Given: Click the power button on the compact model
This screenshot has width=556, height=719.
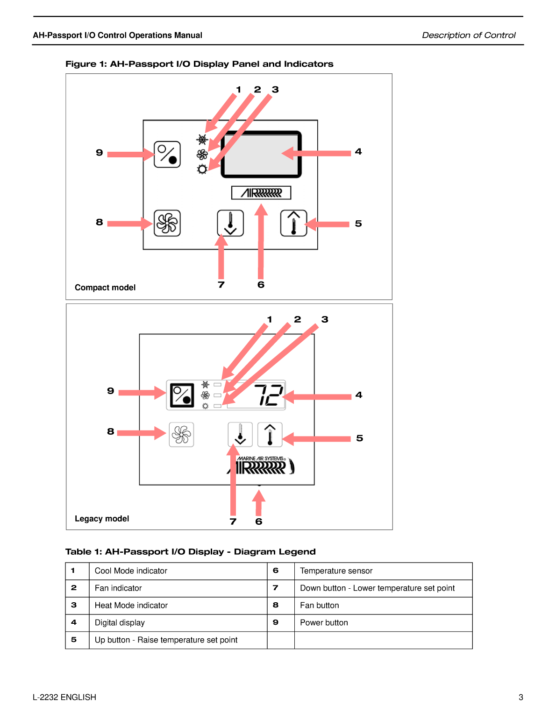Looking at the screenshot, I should (x=167, y=154).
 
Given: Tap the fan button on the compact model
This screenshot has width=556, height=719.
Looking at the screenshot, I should (x=167, y=223).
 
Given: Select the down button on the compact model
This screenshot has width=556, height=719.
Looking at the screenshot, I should (x=230, y=223).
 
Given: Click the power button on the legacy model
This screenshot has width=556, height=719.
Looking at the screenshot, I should (x=182, y=395).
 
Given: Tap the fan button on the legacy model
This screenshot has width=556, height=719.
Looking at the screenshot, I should (x=181, y=435).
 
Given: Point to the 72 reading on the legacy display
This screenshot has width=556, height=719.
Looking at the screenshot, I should (x=268, y=395).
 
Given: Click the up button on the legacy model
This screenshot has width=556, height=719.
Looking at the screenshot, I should (x=270, y=435).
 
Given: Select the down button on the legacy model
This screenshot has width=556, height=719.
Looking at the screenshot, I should (x=240, y=435).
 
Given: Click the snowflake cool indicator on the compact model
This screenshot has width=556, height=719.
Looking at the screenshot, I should (x=202, y=139).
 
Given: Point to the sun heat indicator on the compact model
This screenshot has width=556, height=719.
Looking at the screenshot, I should (x=202, y=169).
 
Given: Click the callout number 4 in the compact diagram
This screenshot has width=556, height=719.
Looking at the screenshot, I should (x=358, y=152).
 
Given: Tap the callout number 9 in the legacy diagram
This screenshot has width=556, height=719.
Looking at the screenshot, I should (x=111, y=391).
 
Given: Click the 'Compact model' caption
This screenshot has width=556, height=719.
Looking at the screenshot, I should (x=105, y=288).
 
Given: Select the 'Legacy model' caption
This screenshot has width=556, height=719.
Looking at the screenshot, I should (x=102, y=519).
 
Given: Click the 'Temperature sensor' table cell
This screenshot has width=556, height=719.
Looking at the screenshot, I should (x=336, y=571).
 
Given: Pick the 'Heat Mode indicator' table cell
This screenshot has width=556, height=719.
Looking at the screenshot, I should (x=131, y=606).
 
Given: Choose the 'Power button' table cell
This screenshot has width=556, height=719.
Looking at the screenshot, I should (x=324, y=623).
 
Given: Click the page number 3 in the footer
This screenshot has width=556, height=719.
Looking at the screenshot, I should (x=520, y=698).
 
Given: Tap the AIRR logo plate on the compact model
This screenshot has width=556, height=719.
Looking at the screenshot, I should (x=261, y=193).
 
